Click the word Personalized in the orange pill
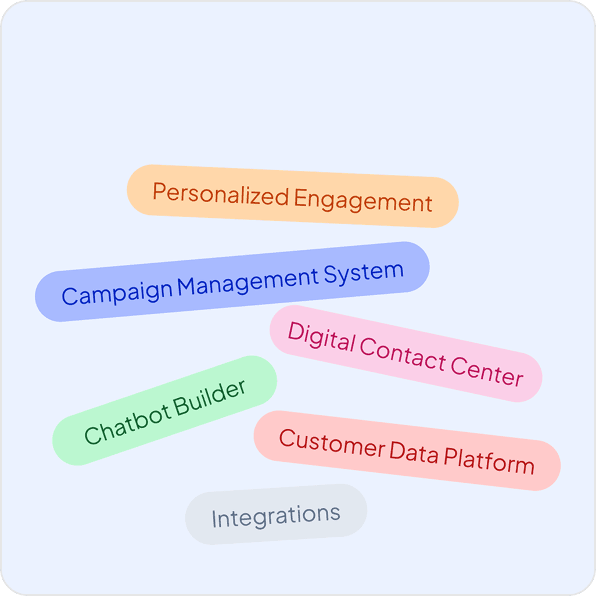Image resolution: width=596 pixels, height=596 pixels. (220, 195)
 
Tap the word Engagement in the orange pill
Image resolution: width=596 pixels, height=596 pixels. (363, 202)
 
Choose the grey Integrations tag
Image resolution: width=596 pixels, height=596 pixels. (276, 515)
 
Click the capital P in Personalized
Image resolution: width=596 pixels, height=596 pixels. (158, 191)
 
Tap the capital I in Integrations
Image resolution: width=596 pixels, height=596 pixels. (214, 519)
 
